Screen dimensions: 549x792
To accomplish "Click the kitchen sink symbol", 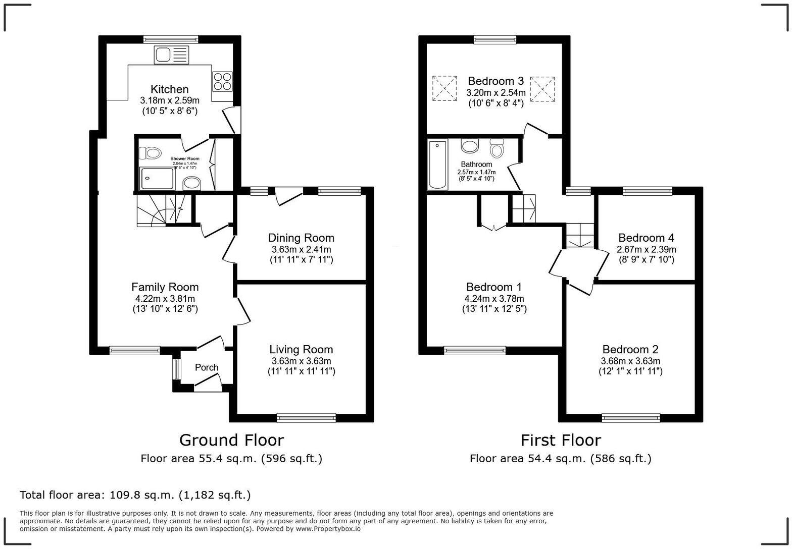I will (x=171, y=55).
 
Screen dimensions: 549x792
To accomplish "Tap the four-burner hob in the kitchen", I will (x=222, y=81).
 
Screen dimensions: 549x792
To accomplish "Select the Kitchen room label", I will (x=169, y=89).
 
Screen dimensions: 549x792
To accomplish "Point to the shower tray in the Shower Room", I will (x=157, y=178).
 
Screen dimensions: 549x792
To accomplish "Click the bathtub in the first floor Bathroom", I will (x=437, y=164).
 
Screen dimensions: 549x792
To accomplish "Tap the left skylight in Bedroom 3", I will (x=444, y=88).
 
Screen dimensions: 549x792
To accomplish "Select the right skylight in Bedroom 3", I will (x=542, y=89).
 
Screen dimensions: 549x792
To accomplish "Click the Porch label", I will (x=207, y=367).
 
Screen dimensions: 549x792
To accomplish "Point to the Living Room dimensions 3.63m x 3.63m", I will (x=301, y=361).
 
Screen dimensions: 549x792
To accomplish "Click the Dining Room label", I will (x=301, y=238).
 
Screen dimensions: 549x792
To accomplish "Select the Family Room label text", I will (x=165, y=287).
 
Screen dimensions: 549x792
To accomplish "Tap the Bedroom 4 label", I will (x=646, y=238).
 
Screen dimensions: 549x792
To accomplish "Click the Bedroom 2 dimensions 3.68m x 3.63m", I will (x=630, y=361).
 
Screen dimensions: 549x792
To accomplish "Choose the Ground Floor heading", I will (x=231, y=440).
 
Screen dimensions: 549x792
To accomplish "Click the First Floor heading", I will (x=561, y=440).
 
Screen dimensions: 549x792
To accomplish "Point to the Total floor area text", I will (x=135, y=495).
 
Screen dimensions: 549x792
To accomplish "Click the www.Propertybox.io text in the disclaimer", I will (x=328, y=529).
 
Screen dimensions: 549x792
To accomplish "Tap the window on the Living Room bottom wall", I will (x=306, y=417).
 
